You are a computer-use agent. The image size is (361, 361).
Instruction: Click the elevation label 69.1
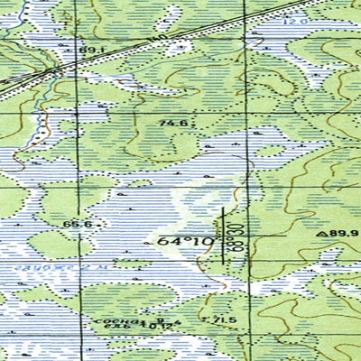coord(88,51)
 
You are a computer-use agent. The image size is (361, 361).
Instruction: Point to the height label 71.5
coord(224,320)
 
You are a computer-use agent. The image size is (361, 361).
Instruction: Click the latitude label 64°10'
coord(184,242)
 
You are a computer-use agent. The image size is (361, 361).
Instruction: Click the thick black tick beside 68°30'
coord(224,236)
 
